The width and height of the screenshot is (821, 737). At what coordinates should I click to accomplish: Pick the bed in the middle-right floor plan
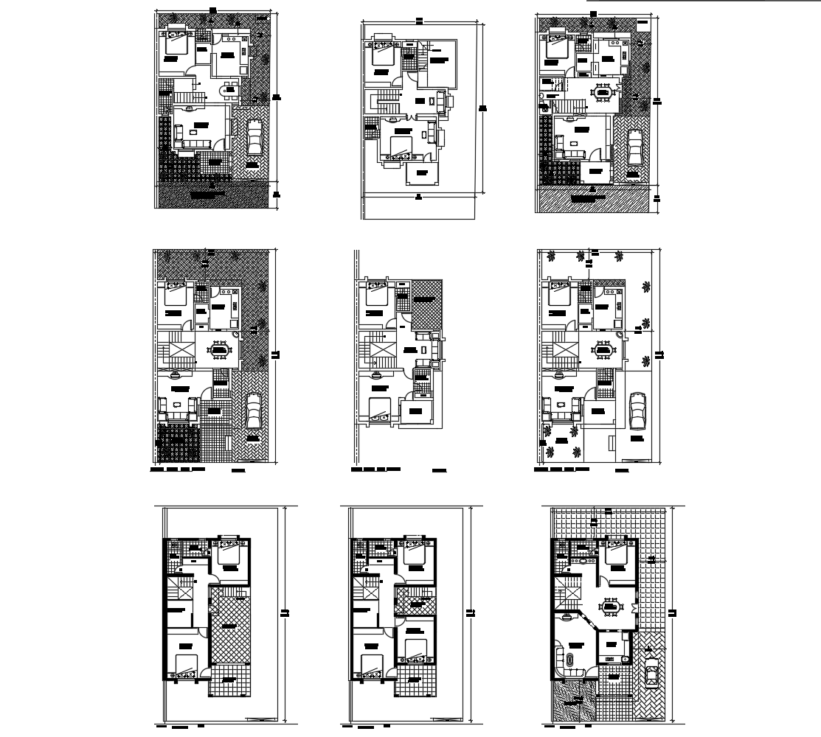559,293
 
